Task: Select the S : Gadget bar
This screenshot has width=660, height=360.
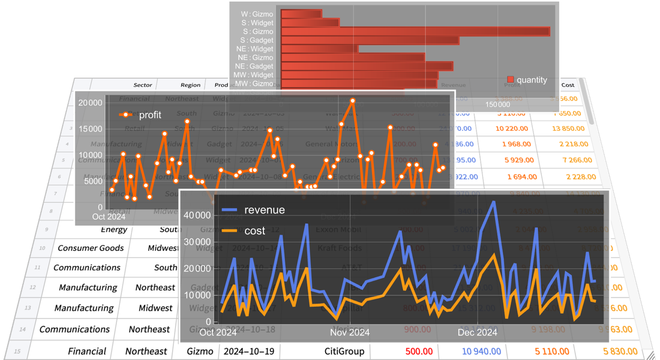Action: click(x=370, y=40)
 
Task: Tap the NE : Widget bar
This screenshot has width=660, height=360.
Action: click(x=319, y=49)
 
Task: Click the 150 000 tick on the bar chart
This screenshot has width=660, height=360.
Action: click(x=498, y=104)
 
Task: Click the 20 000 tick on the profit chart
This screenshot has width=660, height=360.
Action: click(x=91, y=103)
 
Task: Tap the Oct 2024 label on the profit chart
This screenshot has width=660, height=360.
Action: click(x=109, y=217)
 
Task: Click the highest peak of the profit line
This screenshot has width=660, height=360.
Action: click(x=353, y=101)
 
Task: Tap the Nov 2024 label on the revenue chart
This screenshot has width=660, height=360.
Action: click(x=350, y=332)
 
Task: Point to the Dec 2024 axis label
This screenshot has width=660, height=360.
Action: click(x=477, y=332)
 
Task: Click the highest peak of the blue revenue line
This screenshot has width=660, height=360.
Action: click(x=494, y=202)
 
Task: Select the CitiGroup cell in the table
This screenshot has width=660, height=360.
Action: click(x=344, y=351)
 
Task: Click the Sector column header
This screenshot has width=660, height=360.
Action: click(x=142, y=85)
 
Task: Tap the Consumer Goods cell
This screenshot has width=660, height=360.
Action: click(x=91, y=248)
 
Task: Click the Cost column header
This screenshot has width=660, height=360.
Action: click(x=568, y=85)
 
